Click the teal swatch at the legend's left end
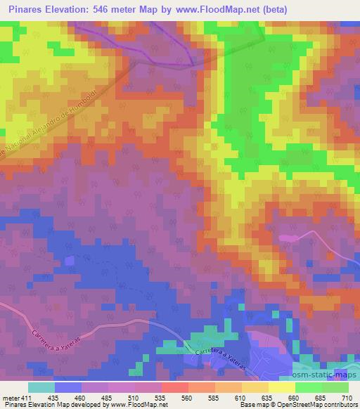coord(41,387)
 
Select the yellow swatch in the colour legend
coord(282,387)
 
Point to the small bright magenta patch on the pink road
coord(288,238)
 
